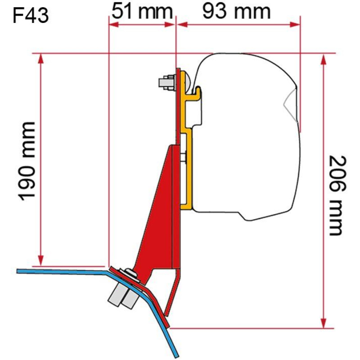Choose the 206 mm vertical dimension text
coord(335,195)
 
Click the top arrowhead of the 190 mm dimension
coord(41,58)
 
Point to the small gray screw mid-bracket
coord(184,157)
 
